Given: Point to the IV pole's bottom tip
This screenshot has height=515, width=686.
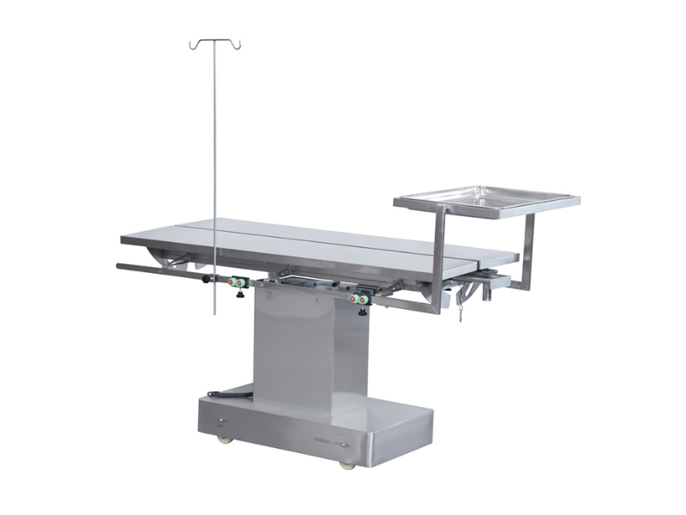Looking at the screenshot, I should [x=215, y=313].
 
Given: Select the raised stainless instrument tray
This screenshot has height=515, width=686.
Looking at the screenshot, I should [x=487, y=199].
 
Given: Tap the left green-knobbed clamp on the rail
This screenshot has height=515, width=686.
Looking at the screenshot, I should [x=236, y=282].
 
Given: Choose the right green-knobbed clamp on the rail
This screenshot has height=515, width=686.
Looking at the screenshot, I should [x=360, y=298].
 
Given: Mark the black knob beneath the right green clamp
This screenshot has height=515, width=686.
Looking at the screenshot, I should [x=363, y=311].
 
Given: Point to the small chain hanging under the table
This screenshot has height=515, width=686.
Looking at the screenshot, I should [x=460, y=307].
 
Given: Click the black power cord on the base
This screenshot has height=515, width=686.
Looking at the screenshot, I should [x=227, y=395].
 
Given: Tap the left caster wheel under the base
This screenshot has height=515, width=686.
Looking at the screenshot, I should [x=226, y=439].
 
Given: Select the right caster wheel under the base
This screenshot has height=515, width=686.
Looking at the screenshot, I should [x=346, y=464].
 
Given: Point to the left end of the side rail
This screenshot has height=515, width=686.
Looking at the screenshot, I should [x=120, y=267].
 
